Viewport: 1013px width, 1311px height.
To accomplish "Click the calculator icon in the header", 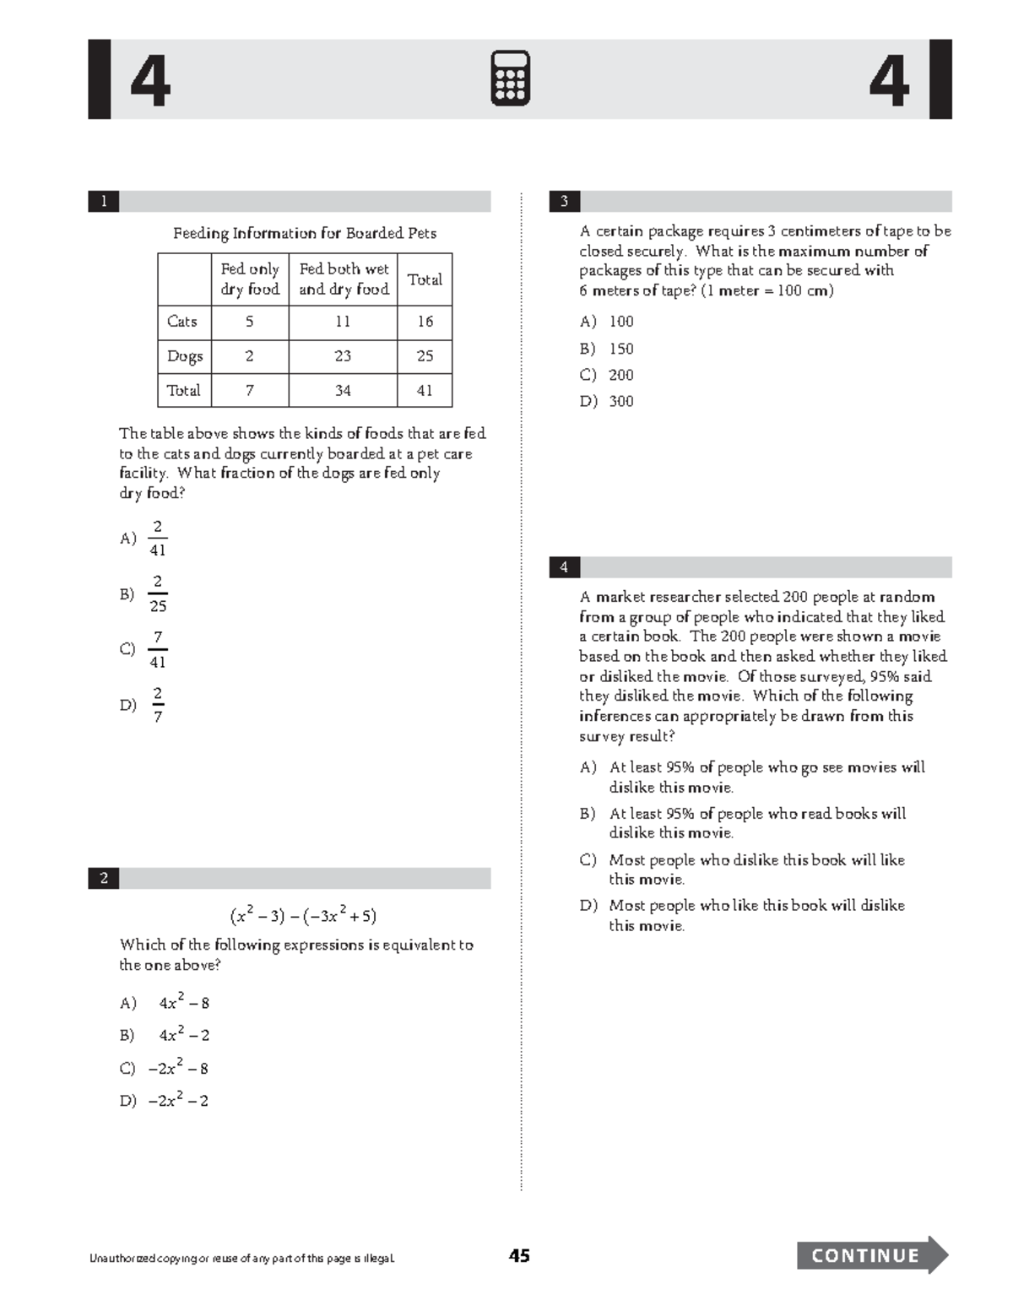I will (x=510, y=79).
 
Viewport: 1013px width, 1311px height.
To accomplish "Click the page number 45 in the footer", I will (x=519, y=1256).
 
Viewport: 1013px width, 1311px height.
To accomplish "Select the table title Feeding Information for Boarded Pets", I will (x=305, y=233).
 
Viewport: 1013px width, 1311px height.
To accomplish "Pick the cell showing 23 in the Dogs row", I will (x=342, y=356).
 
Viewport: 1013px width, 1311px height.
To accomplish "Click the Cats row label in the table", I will (x=182, y=322).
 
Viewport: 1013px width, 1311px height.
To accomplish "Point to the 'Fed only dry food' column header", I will (x=249, y=279).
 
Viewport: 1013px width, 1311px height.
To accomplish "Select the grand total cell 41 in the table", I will (x=425, y=391).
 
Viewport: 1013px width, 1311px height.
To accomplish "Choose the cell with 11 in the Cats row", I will (x=342, y=322).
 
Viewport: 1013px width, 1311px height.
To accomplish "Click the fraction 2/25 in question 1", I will (x=158, y=593).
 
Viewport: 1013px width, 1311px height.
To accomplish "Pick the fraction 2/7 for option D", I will (x=158, y=705).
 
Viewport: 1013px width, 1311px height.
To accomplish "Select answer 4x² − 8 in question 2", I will (x=184, y=1004).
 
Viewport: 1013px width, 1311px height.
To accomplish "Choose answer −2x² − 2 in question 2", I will (x=178, y=1101).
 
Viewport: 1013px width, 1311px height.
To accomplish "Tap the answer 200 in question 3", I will (x=621, y=375).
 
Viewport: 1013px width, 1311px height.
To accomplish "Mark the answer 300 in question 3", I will (x=621, y=402).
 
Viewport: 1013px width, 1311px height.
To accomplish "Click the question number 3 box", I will (x=564, y=201).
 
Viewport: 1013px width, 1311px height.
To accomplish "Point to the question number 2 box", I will (x=104, y=878).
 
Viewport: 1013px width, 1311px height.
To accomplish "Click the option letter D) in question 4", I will (x=588, y=906).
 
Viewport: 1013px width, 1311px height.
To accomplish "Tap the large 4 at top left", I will (x=150, y=81).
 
